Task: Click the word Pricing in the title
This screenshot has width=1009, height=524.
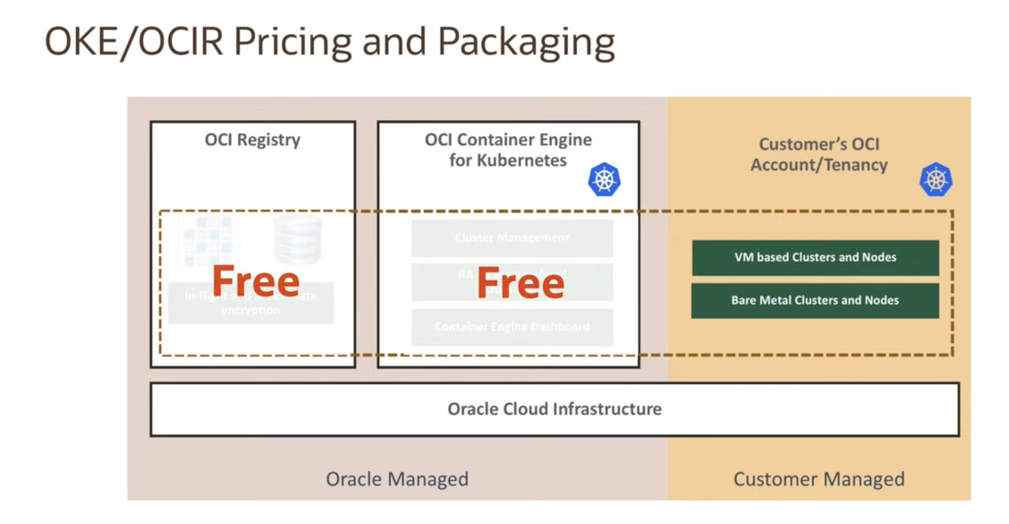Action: pyautogui.click(x=292, y=42)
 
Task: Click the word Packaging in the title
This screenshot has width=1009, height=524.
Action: pyautogui.click(x=526, y=42)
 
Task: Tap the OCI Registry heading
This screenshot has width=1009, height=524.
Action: pyautogui.click(x=252, y=140)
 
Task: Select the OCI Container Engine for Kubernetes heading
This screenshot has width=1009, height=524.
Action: pyautogui.click(x=508, y=150)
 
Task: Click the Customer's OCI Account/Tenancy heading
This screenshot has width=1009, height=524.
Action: pyautogui.click(x=819, y=155)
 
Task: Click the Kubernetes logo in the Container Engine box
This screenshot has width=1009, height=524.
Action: pyautogui.click(x=604, y=180)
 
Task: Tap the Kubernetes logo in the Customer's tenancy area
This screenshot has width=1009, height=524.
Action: pyautogui.click(x=936, y=180)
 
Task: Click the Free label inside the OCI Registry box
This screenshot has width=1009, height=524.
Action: pyautogui.click(x=256, y=281)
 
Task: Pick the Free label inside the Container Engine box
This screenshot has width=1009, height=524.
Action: pyautogui.click(x=521, y=283)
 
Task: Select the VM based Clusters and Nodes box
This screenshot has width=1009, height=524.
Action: pyautogui.click(x=815, y=257)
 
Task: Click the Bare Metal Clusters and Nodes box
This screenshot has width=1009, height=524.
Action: pyautogui.click(x=815, y=301)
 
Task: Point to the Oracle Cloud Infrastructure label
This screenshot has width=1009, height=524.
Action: pyautogui.click(x=554, y=409)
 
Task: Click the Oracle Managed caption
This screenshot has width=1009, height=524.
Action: pyautogui.click(x=397, y=479)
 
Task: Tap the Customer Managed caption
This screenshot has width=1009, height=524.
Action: pyautogui.click(x=819, y=479)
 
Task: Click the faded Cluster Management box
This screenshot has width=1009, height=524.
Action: pyautogui.click(x=512, y=238)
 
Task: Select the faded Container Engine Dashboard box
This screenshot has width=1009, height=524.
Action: pyautogui.click(x=512, y=327)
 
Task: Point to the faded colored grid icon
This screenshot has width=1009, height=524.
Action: pyautogui.click(x=208, y=240)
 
